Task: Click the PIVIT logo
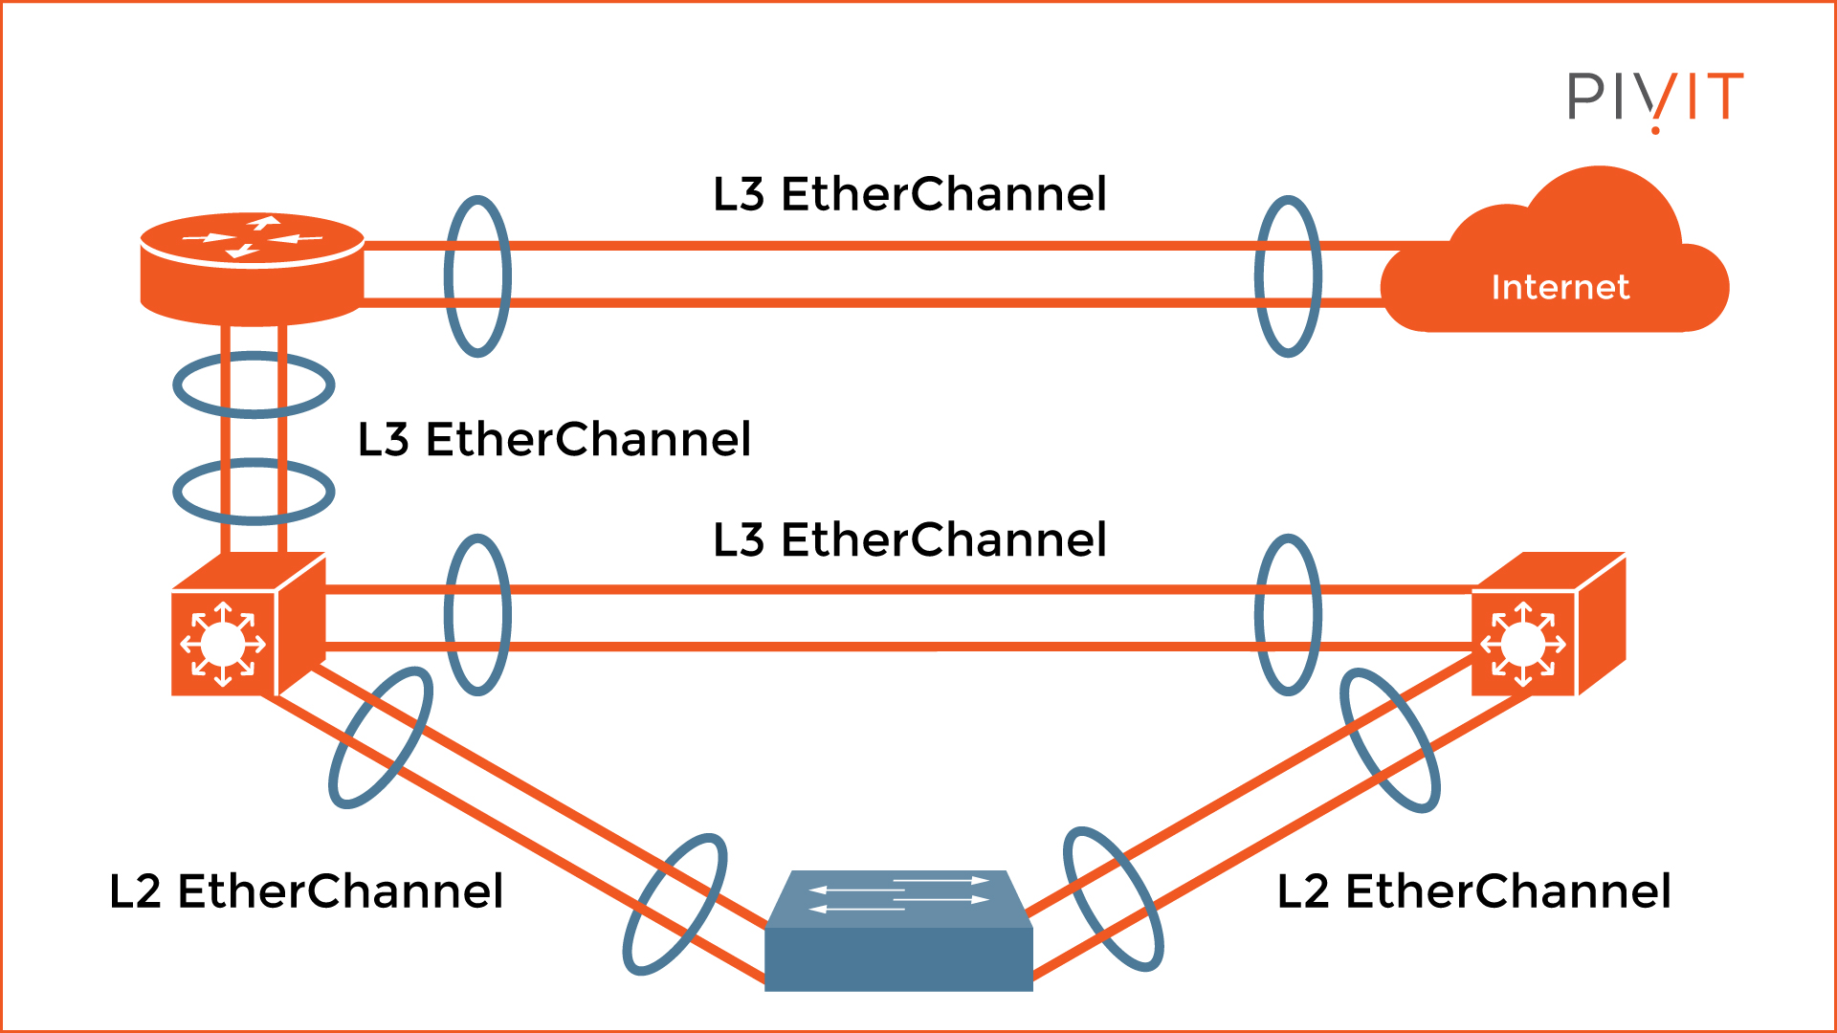click(1654, 98)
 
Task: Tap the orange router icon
click(252, 269)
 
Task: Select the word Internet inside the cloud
click(1560, 287)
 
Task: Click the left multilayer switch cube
click(247, 626)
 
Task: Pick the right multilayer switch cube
click(1547, 626)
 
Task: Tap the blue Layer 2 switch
click(898, 942)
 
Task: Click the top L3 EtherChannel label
click(910, 194)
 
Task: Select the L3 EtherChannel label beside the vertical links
click(554, 440)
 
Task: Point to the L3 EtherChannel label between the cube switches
click(910, 540)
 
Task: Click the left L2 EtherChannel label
click(306, 891)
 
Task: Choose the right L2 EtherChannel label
click(1473, 891)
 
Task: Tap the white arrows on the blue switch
click(898, 893)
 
